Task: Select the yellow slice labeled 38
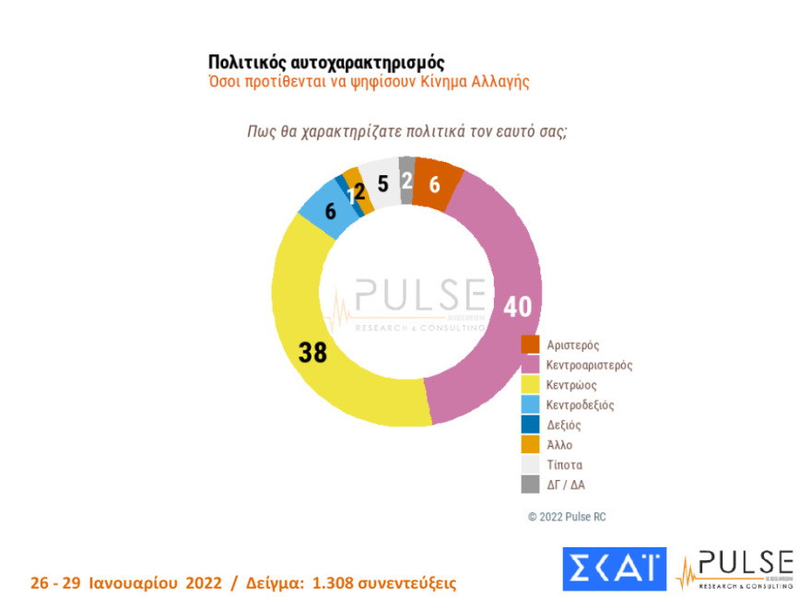click(x=313, y=351)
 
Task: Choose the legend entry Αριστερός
click(x=572, y=345)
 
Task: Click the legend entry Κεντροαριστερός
click(x=589, y=365)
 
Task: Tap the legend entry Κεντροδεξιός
click(x=580, y=404)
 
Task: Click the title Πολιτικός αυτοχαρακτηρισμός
click(x=326, y=62)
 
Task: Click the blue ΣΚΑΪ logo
click(x=614, y=569)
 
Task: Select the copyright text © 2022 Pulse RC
click(x=567, y=517)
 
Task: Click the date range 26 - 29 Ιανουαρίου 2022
click(x=127, y=583)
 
